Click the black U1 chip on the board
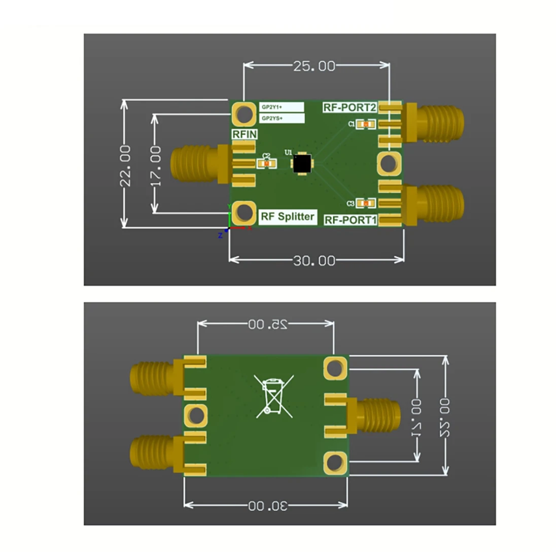tap(302, 163)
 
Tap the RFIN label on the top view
tap(245, 134)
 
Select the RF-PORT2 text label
tap(350, 108)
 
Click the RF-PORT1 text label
tap(351, 220)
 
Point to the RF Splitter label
tap(287, 217)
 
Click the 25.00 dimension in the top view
tap(314, 66)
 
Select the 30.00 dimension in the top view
tap(314, 261)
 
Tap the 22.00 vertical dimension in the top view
tap(125, 165)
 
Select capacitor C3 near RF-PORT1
tap(365, 203)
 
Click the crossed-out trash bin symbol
tap(274, 397)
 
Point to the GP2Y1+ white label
tap(282, 107)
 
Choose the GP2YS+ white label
tap(282, 118)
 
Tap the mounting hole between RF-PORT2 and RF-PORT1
tap(389, 163)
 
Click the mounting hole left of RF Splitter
tap(244, 213)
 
